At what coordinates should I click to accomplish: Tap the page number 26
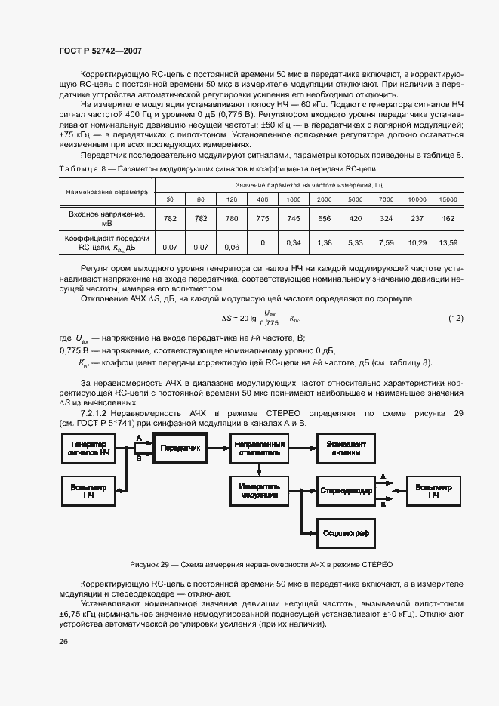point(63,642)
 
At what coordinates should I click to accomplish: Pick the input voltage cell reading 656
point(325,218)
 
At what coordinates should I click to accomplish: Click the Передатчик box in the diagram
point(180,449)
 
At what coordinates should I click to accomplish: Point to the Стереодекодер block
point(344,491)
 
